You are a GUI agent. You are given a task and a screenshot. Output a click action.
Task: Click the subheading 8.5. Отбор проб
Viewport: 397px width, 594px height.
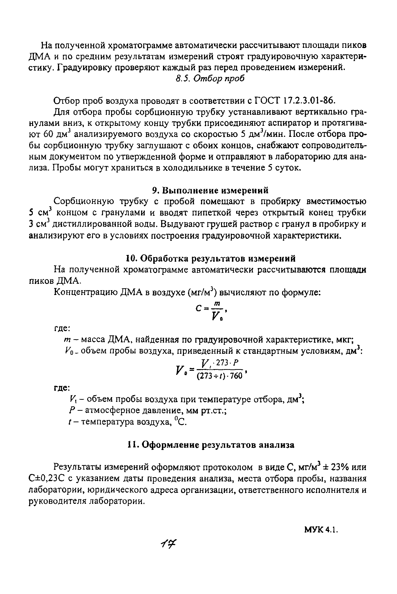(x=210, y=79)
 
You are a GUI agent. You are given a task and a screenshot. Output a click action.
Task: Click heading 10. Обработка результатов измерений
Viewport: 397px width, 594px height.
(x=211, y=259)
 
